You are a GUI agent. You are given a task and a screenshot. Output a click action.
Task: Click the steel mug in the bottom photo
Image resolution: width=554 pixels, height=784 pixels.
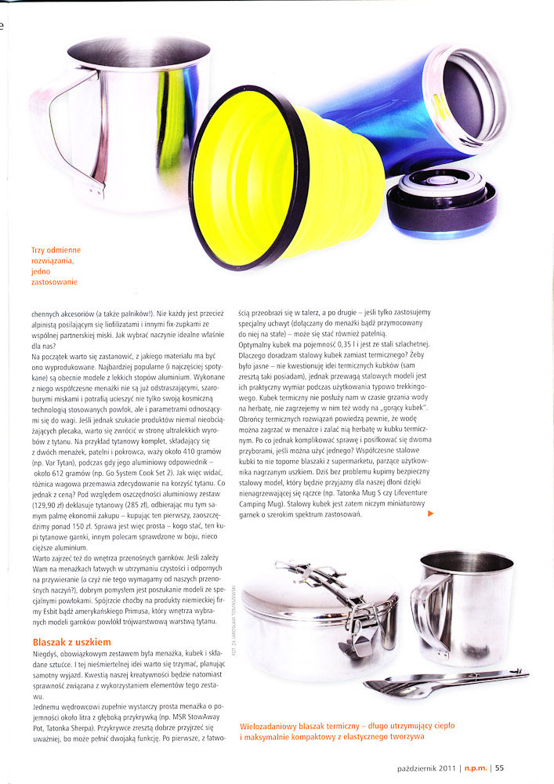click(x=462, y=608)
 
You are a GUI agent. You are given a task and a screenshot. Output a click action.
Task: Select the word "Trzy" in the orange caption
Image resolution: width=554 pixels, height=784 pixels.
click(x=38, y=250)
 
